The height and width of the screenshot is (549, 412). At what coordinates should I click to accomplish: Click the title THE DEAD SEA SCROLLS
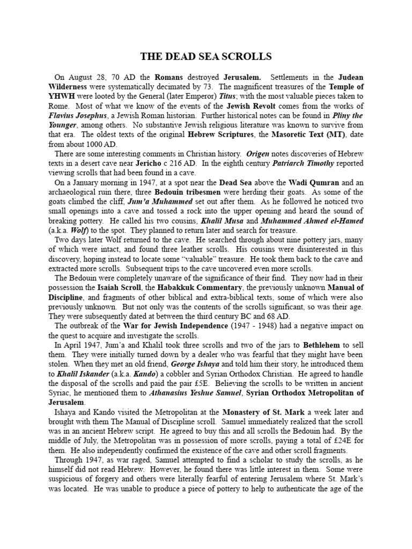[x=205, y=56]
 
